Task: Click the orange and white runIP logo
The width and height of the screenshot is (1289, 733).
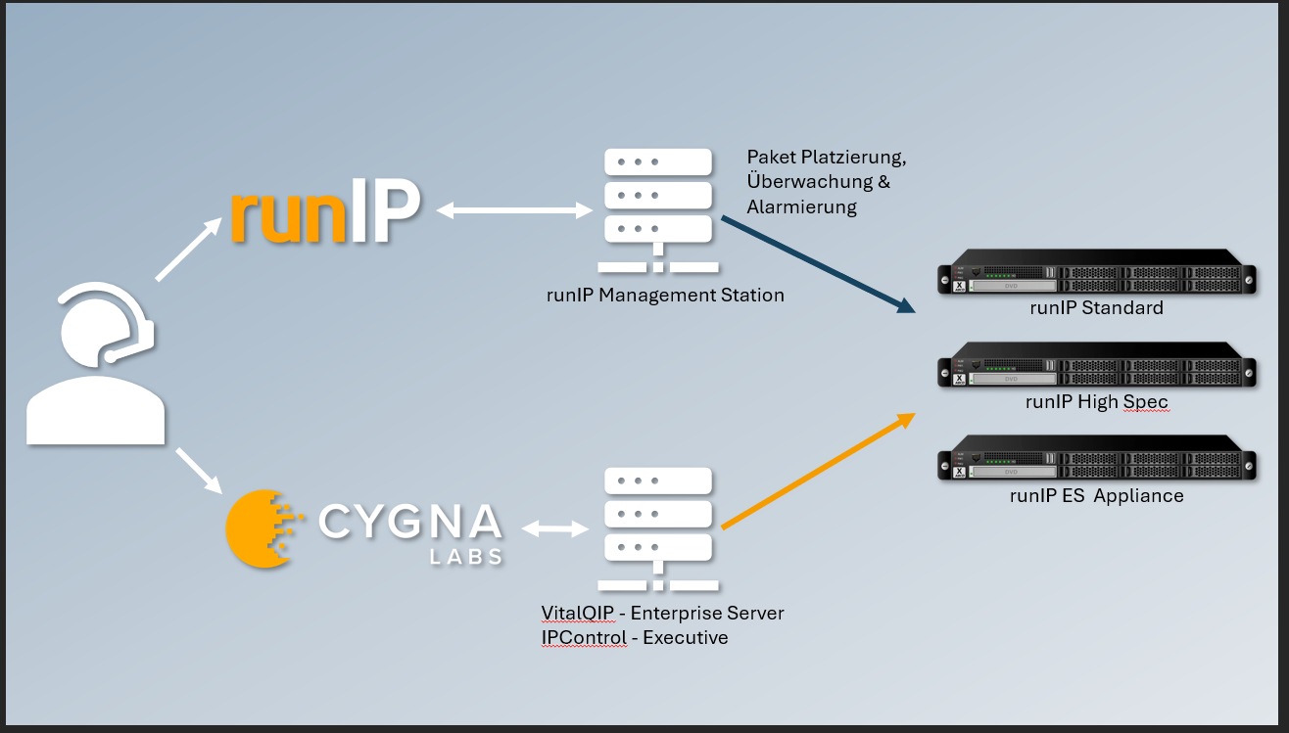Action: (x=326, y=209)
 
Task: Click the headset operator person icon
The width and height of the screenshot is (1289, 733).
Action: (x=96, y=362)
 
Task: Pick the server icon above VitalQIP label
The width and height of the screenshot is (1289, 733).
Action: (x=657, y=529)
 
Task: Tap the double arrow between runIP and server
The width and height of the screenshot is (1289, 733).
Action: (x=513, y=209)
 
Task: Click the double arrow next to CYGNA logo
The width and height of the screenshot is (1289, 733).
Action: (x=554, y=528)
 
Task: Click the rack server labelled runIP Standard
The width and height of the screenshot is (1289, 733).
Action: (x=1096, y=276)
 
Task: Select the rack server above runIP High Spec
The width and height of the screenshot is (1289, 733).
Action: (x=1096, y=370)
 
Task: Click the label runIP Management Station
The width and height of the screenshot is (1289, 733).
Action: (x=665, y=295)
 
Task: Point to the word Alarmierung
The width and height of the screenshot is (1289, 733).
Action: (x=801, y=207)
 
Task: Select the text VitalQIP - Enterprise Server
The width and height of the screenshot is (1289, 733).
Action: (x=662, y=614)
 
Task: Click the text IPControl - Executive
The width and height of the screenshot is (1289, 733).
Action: (x=634, y=638)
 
